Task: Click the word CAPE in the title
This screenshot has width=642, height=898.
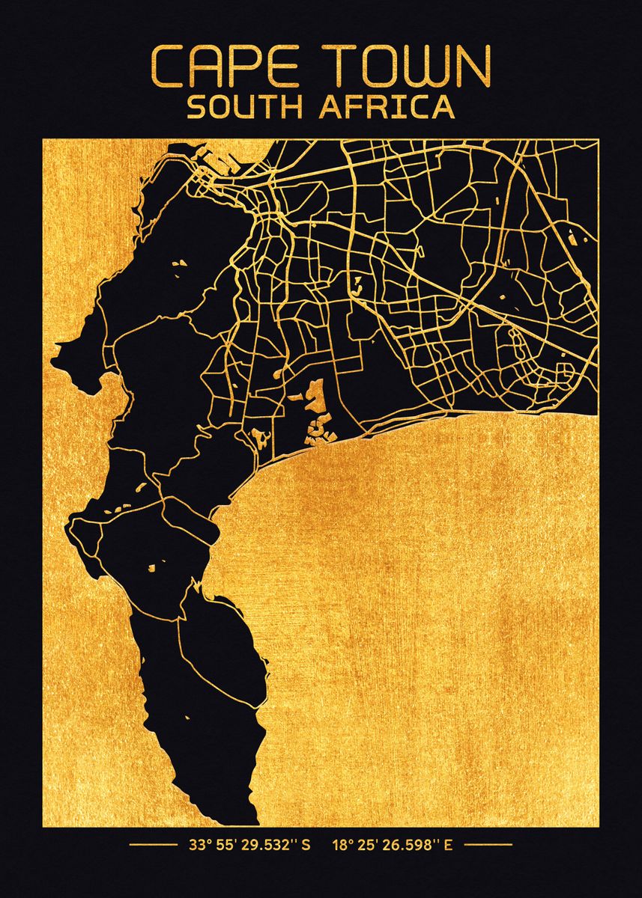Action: click(x=228, y=67)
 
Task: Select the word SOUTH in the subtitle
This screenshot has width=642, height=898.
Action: click(x=244, y=107)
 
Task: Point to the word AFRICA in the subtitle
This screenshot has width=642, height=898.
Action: click(x=387, y=107)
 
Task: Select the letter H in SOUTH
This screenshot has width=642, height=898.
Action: click(x=291, y=107)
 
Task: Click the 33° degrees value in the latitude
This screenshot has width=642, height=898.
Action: click(x=198, y=846)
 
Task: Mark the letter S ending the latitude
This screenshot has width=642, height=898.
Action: click(x=306, y=846)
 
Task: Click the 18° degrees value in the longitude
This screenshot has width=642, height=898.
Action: click(x=344, y=846)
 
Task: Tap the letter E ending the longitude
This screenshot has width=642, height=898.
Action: click(x=449, y=846)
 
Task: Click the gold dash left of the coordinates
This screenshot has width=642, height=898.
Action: click(x=152, y=846)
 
